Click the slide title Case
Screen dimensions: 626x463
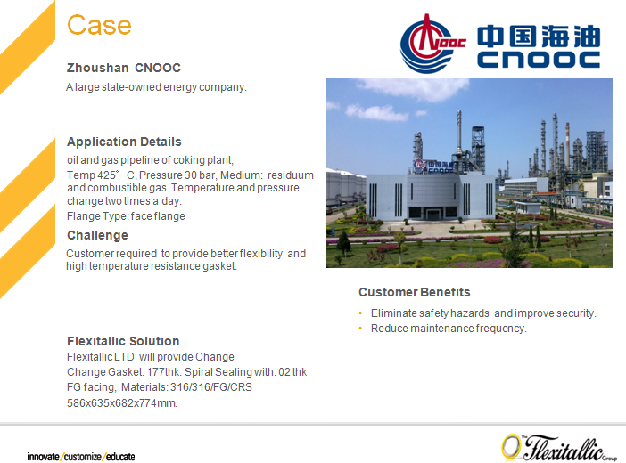tap(99, 25)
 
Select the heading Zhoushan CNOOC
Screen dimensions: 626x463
tap(124, 68)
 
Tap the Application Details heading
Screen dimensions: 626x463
tap(124, 142)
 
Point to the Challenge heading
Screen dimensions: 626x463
tap(97, 235)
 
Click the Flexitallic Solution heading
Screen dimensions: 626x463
tap(123, 341)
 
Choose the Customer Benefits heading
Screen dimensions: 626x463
tap(415, 292)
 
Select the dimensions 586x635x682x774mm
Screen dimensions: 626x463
tap(122, 402)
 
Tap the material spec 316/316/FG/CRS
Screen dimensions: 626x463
tap(211, 387)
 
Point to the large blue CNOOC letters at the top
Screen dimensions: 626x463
tap(539, 60)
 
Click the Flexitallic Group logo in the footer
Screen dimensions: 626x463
tap(559, 448)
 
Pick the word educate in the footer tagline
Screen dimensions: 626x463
tap(120, 457)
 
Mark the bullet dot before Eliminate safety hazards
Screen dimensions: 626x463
tap(360, 313)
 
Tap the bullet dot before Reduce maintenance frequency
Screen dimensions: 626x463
tap(360, 329)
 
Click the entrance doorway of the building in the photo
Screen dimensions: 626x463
tap(432, 214)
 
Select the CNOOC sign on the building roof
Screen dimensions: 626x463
tap(434, 166)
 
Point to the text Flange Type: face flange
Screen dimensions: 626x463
tap(126, 216)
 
